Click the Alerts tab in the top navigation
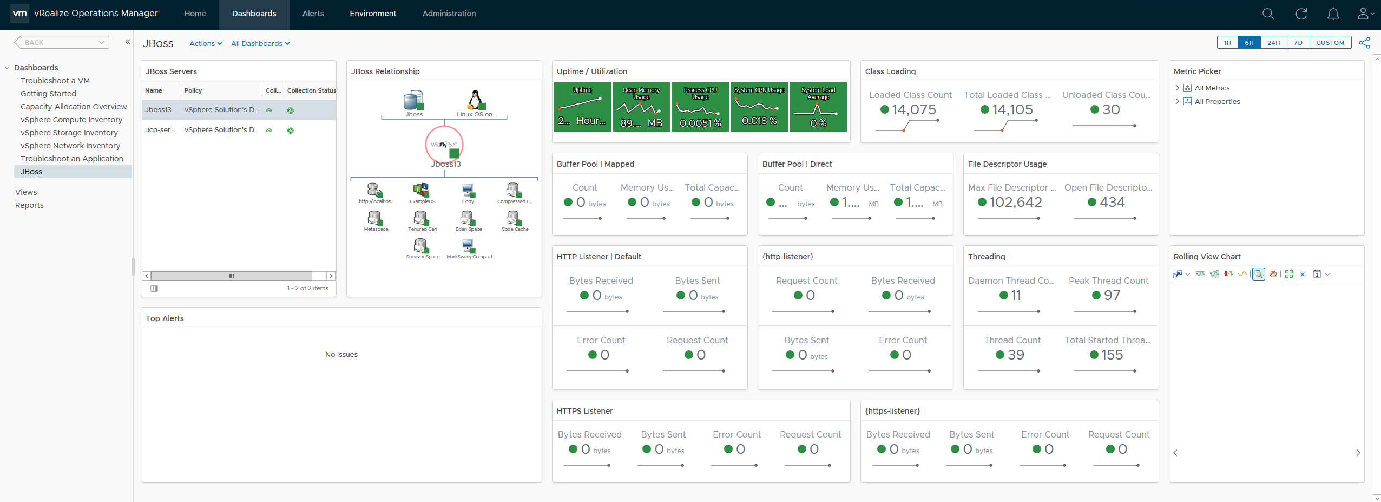(x=313, y=14)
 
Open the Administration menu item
(x=449, y=14)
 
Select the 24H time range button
(x=1273, y=43)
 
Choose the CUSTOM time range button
(x=1330, y=43)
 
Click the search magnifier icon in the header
(x=1268, y=14)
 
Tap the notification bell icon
(x=1333, y=14)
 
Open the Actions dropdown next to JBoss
(x=205, y=44)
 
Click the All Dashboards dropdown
(x=260, y=44)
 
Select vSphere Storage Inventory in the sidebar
(x=69, y=133)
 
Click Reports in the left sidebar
(x=29, y=205)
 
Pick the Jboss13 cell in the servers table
(x=158, y=110)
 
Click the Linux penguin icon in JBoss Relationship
(x=475, y=100)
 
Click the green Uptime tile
(x=582, y=107)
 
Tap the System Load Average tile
(x=818, y=107)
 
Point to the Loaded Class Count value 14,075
(x=913, y=110)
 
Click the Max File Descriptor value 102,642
(x=1016, y=203)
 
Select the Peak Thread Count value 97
(x=1112, y=296)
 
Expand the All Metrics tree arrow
(x=1177, y=88)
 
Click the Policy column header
(x=193, y=90)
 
